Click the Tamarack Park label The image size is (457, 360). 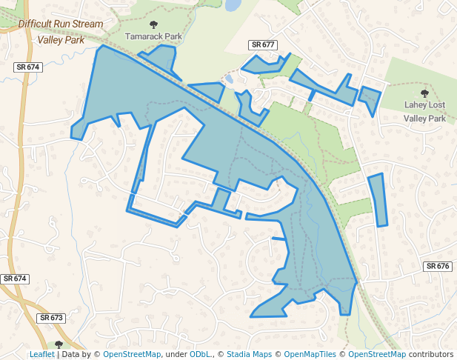[x=153, y=35]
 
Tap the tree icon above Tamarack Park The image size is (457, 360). [x=153, y=24]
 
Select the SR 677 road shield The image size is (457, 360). [x=263, y=45]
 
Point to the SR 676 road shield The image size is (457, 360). [x=438, y=266]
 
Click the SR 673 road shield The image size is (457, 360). [x=52, y=318]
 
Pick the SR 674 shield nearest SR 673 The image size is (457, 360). [x=15, y=279]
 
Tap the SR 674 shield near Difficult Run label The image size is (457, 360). [x=27, y=67]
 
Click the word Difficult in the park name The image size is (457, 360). [x=38, y=24]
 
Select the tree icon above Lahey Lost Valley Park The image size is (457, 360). [x=424, y=93]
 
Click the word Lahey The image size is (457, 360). [x=416, y=106]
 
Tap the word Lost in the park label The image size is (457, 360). [x=440, y=106]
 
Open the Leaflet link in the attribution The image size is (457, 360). [x=41, y=355]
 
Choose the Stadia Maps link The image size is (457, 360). [x=249, y=355]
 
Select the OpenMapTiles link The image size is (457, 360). [x=310, y=355]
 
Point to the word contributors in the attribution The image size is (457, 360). [x=427, y=355]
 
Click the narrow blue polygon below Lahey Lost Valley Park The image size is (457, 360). [x=378, y=199]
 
